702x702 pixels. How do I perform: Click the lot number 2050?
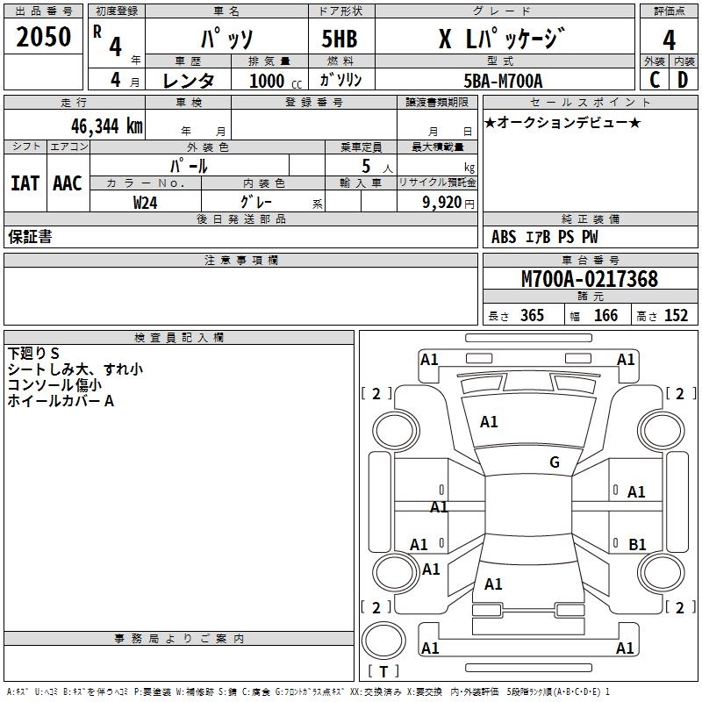tap(43, 37)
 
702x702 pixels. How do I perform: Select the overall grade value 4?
tap(670, 39)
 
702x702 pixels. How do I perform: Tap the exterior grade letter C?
tap(654, 80)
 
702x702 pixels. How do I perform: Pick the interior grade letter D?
tap(683, 80)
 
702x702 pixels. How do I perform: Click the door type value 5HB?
tap(340, 39)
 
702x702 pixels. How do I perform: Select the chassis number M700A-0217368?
tap(589, 279)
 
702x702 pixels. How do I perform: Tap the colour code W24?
tap(146, 202)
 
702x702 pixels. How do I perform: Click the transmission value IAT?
tap(25, 183)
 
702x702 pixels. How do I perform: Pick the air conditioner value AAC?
tap(68, 183)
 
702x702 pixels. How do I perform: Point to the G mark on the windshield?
tap(554, 462)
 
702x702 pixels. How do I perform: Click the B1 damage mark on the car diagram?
tap(637, 545)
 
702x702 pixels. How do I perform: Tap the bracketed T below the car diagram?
tap(383, 671)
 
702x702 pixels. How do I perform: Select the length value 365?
tap(532, 316)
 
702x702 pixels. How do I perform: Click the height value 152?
tap(676, 316)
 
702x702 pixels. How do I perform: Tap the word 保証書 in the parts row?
tap(30, 237)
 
